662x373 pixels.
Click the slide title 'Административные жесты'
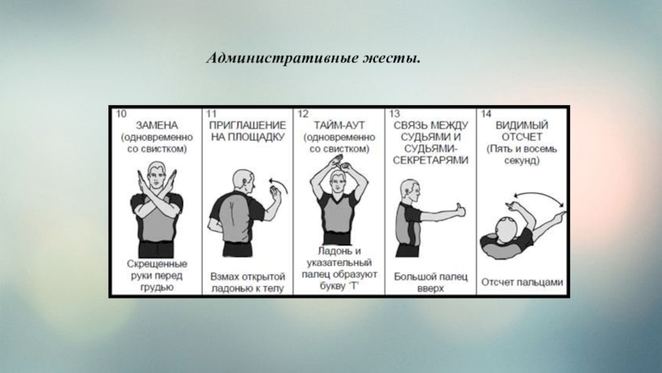pos(314,58)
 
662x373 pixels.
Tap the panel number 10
pos(121,114)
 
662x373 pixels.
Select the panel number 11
pos(211,114)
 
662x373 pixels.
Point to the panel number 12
pos(303,114)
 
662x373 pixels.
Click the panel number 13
pos(395,114)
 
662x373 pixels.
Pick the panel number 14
pos(486,114)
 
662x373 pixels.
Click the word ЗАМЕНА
pos(156,126)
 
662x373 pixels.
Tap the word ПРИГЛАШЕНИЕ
pos(247,126)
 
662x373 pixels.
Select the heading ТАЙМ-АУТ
pos(339,126)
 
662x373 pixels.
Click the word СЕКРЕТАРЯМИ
pos(430,161)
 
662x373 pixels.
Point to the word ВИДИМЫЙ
pos(522,126)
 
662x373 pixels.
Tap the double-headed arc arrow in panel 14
pos(539,194)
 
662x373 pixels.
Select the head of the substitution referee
pos(156,175)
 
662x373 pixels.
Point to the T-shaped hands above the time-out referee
pos(340,163)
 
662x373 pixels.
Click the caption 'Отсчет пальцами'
pos(522,283)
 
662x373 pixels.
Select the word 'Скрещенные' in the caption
pos(157,264)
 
